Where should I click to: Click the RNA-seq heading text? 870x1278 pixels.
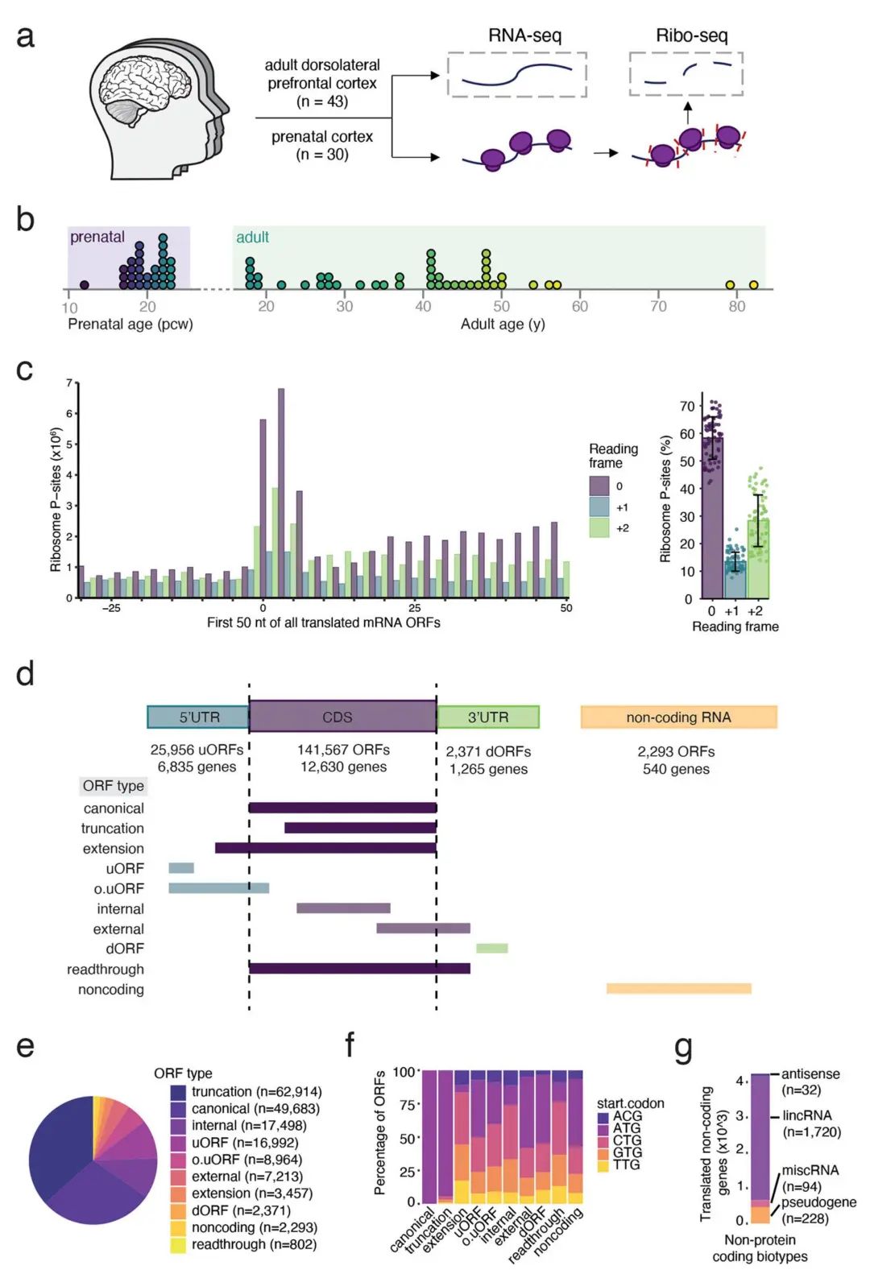pyautogui.click(x=524, y=35)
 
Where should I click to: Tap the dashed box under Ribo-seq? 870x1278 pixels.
pyautogui.click(x=686, y=74)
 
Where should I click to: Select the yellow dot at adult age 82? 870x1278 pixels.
pyautogui.click(x=753, y=285)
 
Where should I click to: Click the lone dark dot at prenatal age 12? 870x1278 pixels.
pyautogui.click(x=85, y=285)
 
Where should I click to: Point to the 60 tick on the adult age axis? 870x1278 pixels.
pyautogui.click(x=580, y=306)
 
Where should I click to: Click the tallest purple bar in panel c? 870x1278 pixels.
pyautogui.click(x=281, y=493)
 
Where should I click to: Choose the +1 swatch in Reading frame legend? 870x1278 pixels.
pyautogui.click(x=599, y=507)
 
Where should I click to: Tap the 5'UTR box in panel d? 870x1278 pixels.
pyautogui.click(x=198, y=717)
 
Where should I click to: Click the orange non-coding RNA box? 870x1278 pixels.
pyautogui.click(x=678, y=717)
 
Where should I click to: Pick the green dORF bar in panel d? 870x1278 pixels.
pyautogui.click(x=491, y=949)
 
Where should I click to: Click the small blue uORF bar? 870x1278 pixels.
pyautogui.click(x=181, y=868)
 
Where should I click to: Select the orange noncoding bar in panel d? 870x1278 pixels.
pyautogui.click(x=678, y=989)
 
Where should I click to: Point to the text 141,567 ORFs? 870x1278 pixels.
pyautogui.click(x=343, y=750)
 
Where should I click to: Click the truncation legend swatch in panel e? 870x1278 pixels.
pyautogui.click(x=178, y=1092)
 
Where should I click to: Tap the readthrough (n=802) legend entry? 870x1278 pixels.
pyautogui.click(x=254, y=1244)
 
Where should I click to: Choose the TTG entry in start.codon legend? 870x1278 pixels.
pyautogui.click(x=626, y=1164)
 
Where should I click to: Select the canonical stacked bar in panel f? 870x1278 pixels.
pyautogui.click(x=429, y=1136)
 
